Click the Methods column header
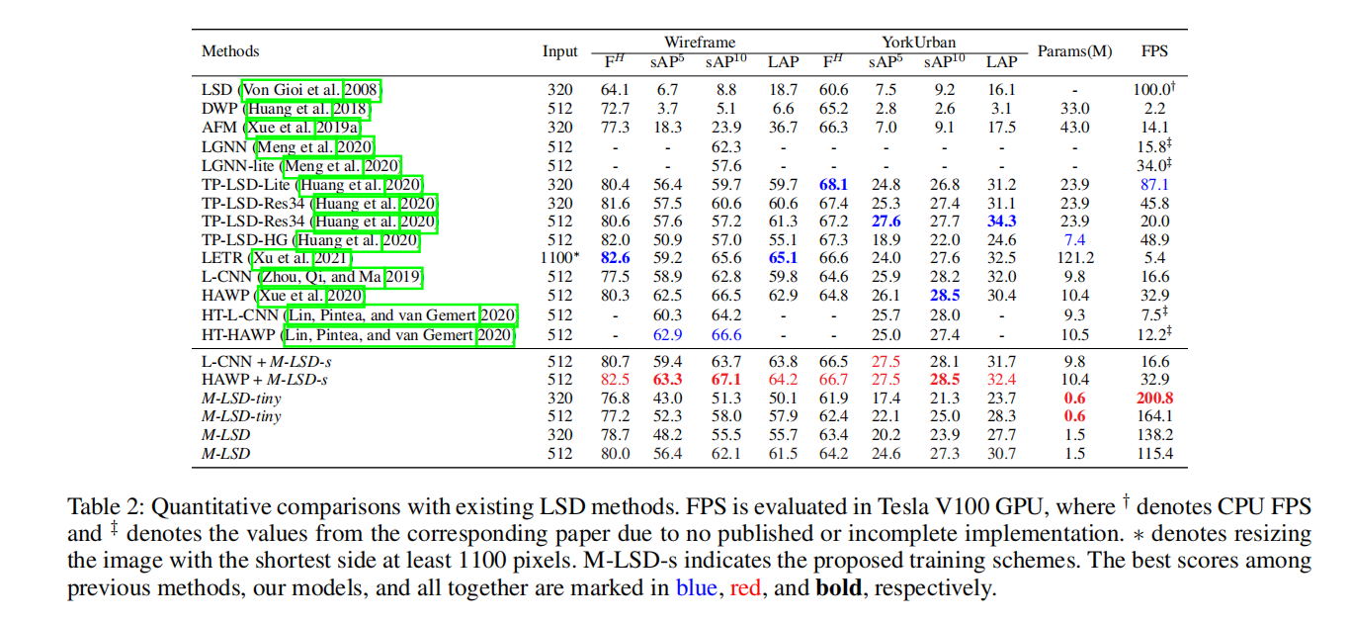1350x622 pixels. click(230, 51)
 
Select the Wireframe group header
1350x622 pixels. click(700, 43)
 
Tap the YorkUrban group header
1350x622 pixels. click(918, 43)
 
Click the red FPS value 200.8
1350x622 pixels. click(1155, 398)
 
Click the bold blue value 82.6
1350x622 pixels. click(615, 258)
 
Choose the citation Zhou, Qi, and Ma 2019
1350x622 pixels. click(337, 277)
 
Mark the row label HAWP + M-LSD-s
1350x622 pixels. click(265, 380)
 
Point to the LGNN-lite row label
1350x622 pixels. click(240, 165)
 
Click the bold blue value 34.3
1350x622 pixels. click(1001, 222)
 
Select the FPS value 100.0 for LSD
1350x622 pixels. click(1153, 91)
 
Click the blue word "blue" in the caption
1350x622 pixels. click(697, 589)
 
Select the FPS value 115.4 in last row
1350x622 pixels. click(1155, 453)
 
